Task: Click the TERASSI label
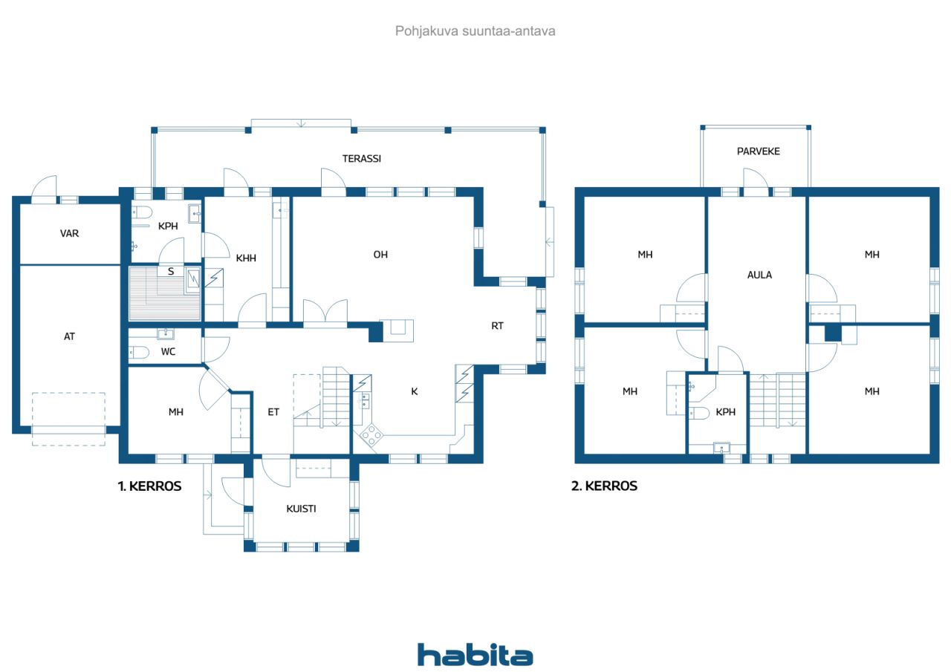362,159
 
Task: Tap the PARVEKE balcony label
759,151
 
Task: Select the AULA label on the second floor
759,275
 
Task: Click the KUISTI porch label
301,509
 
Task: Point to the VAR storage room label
69,233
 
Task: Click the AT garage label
69,337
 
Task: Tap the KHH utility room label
246,258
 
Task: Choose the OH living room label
380,255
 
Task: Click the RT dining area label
497,326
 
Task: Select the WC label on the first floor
168,352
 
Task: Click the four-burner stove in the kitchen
371,435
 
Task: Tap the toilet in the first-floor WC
139,353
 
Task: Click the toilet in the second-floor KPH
699,413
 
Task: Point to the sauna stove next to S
193,280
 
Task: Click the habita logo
475,654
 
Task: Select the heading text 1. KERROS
149,486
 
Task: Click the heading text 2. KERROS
604,486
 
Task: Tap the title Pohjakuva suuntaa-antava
475,31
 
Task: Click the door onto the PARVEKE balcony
756,183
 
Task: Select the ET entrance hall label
273,412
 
